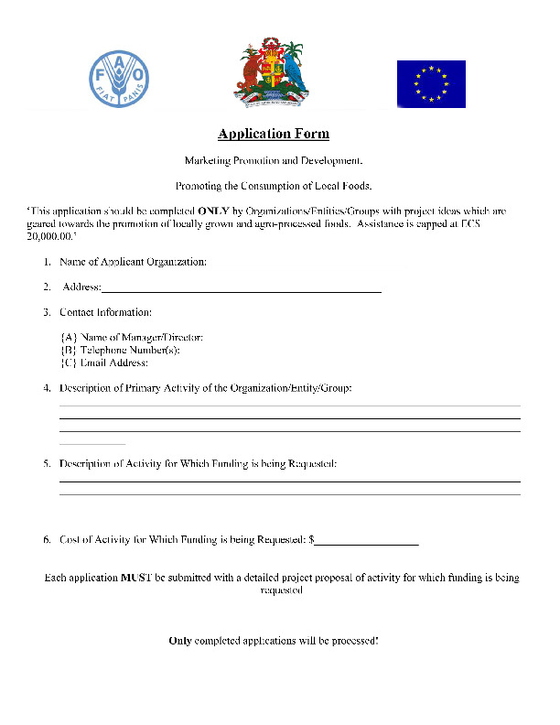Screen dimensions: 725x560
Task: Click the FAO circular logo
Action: click(x=118, y=75)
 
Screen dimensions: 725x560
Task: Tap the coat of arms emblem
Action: click(x=272, y=74)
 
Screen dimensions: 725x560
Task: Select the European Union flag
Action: click(x=431, y=84)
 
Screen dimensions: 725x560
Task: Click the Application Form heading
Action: click(x=274, y=135)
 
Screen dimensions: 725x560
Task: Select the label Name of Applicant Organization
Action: click(x=133, y=262)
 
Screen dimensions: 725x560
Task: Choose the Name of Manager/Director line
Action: click(x=131, y=338)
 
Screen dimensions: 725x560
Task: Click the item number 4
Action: click(x=47, y=388)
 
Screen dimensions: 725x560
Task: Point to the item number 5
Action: click(x=47, y=463)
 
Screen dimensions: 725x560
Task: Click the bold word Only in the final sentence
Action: click(x=179, y=640)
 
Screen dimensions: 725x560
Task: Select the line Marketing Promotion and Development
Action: click(x=274, y=160)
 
